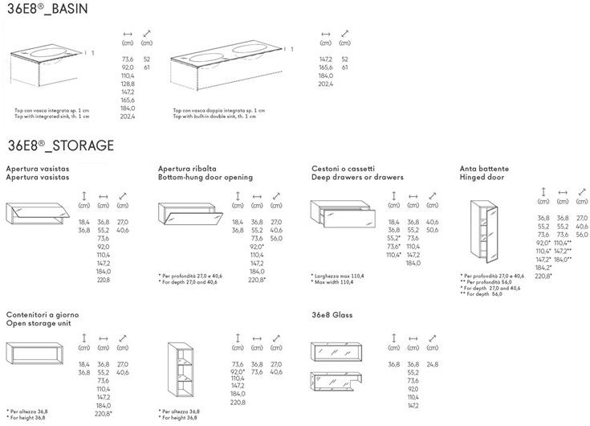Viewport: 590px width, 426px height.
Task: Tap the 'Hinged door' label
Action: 482,177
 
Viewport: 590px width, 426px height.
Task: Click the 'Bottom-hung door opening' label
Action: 205,177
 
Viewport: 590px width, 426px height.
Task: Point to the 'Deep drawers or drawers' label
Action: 357,177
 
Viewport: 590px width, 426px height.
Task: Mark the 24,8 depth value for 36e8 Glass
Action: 433,364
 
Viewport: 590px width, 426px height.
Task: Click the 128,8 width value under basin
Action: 127,84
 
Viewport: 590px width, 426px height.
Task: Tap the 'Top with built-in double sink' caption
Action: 214,117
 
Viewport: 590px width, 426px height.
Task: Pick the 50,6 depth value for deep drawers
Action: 433,230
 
